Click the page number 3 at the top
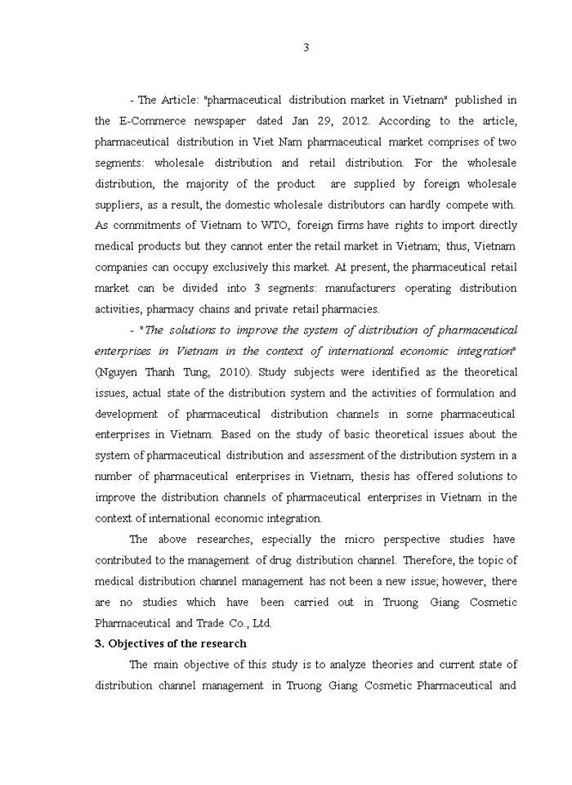click(x=306, y=47)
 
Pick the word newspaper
click(x=212, y=121)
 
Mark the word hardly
click(x=423, y=204)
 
